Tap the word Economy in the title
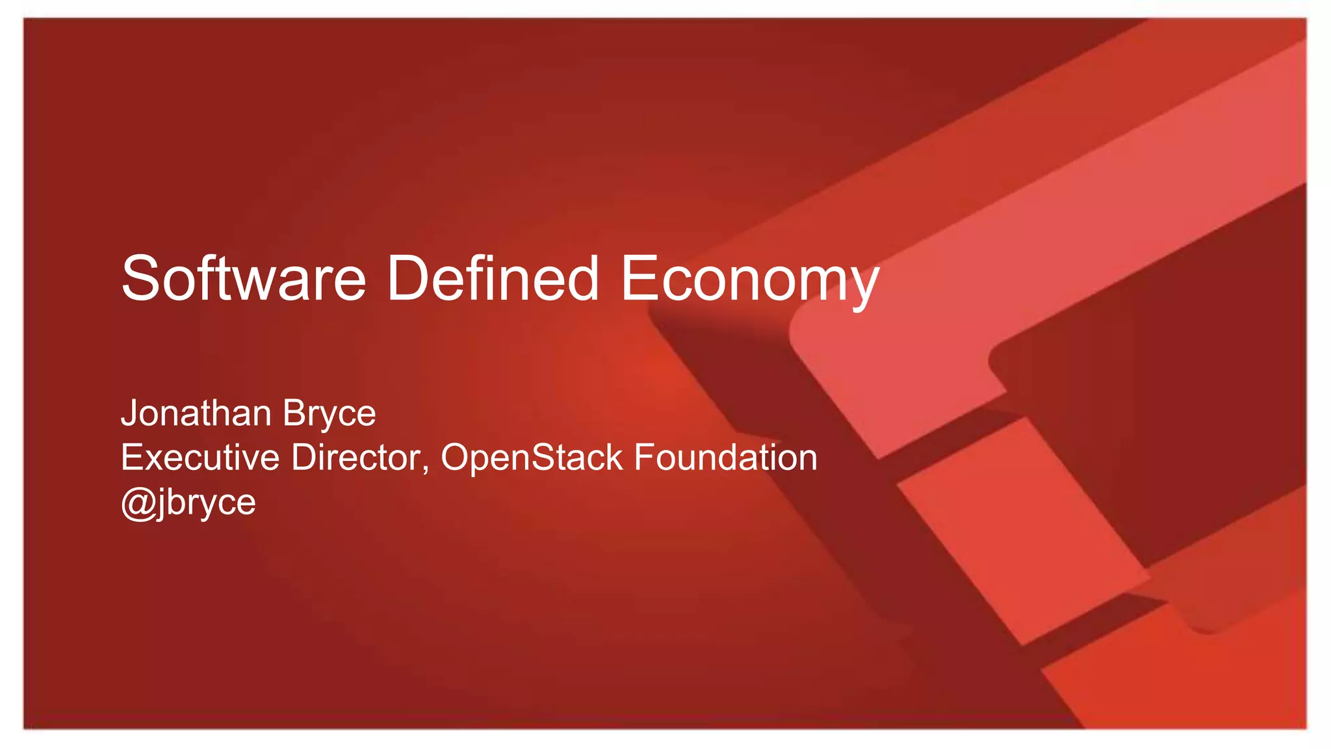click(750, 280)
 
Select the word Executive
click(200, 457)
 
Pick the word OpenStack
click(532, 457)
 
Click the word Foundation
click(725, 457)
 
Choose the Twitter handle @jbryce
click(188, 503)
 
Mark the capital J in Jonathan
click(129, 414)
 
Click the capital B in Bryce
click(293, 413)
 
